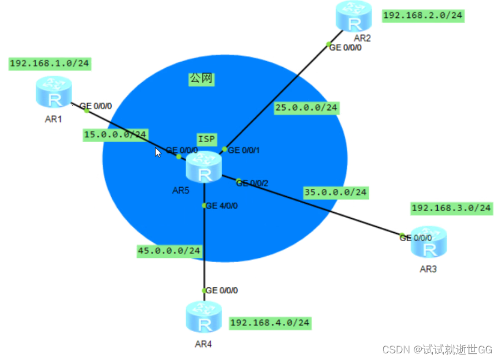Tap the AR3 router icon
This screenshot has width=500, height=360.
tap(429, 242)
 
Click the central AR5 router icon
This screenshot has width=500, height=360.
tap(204, 168)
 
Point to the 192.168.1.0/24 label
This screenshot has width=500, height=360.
tap(49, 63)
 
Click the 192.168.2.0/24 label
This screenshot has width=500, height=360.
tap(423, 16)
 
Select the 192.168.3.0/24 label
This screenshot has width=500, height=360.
tap(451, 208)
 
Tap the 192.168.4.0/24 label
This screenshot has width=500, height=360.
tap(270, 322)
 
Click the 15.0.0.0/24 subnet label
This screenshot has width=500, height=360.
tap(115, 134)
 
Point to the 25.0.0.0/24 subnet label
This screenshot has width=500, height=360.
tap(306, 107)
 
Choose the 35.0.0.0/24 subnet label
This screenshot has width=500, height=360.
tap(336, 192)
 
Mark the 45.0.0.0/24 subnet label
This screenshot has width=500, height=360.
tap(169, 251)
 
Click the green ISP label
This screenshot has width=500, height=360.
tap(206, 138)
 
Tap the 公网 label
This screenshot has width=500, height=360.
tap(201, 79)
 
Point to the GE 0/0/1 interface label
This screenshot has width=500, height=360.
tap(244, 150)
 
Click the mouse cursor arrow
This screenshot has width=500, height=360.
tap(158, 152)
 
